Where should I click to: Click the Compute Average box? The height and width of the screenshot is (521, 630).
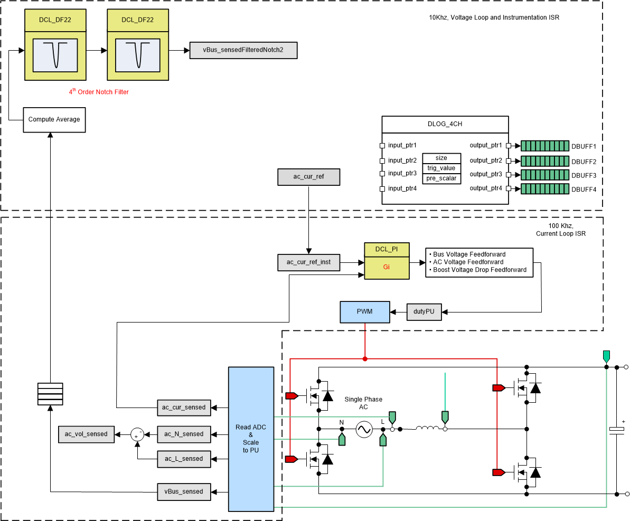click(x=54, y=119)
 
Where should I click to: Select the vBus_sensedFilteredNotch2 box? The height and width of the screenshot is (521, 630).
click(x=243, y=51)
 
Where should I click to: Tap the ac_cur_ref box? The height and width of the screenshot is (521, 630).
click(x=309, y=177)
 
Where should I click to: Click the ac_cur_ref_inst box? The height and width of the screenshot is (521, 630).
click(x=309, y=262)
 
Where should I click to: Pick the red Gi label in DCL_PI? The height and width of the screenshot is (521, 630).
click(x=386, y=268)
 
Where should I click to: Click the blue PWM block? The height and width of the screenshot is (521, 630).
click(x=364, y=311)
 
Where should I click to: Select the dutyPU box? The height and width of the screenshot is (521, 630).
click(x=424, y=312)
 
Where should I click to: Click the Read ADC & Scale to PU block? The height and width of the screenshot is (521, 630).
click(x=251, y=439)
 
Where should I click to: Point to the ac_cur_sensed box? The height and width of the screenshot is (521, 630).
click(x=184, y=407)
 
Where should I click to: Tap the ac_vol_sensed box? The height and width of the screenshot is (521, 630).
click(x=86, y=434)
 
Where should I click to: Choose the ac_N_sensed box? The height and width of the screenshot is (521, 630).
click(x=184, y=434)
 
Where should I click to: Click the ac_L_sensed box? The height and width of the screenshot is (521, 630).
click(x=184, y=459)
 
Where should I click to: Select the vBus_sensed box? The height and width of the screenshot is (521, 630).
click(x=184, y=491)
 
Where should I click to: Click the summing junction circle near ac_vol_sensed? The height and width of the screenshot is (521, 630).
click(x=138, y=434)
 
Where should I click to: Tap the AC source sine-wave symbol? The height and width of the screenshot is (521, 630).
click(x=364, y=430)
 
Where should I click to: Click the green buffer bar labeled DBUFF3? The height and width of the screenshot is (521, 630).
click(x=544, y=175)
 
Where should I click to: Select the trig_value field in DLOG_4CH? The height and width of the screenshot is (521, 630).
click(x=441, y=168)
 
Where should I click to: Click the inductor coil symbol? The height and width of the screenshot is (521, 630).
click(x=426, y=428)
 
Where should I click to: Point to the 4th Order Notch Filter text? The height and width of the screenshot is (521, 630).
click(x=98, y=92)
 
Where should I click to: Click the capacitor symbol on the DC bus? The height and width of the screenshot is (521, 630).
click(x=617, y=430)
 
